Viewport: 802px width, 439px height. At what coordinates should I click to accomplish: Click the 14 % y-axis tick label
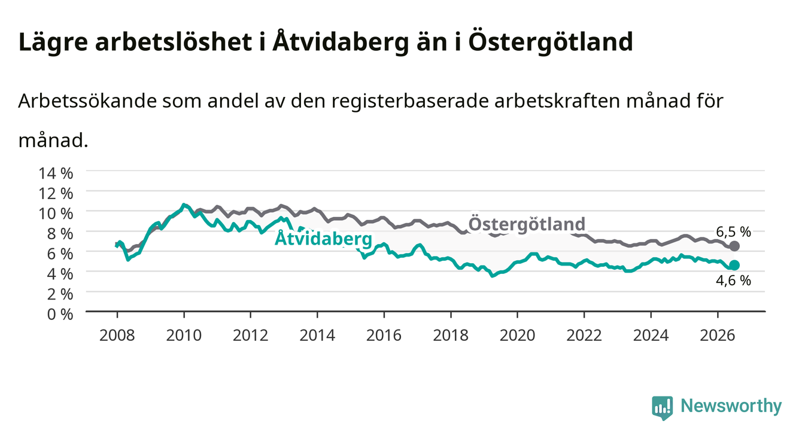[56, 173]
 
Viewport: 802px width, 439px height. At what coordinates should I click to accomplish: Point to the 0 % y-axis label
[60, 314]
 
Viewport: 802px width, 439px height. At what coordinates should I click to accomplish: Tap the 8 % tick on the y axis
[60, 234]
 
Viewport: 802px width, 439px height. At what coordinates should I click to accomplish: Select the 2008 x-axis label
[117, 336]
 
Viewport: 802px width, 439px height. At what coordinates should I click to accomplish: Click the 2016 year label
[384, 336]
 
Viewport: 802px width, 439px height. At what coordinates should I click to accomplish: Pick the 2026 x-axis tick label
[718, 336]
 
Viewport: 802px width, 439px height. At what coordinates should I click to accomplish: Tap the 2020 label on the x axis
[517, 336]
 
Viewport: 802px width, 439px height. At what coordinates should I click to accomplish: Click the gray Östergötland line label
[527, 224]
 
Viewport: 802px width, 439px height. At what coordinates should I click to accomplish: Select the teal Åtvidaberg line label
[324, 238]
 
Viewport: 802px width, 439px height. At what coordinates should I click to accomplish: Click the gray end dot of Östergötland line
[734, 246]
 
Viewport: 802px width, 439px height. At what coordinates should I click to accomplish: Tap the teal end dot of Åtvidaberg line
[734, 265]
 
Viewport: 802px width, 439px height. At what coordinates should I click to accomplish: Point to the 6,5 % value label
[733, 232]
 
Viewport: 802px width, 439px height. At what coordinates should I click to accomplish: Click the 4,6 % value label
[733, 281]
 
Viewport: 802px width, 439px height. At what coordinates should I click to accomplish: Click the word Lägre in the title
[53, 42]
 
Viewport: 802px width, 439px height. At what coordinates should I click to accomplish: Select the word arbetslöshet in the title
[174, 41]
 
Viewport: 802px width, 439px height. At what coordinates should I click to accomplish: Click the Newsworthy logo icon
[663, 407]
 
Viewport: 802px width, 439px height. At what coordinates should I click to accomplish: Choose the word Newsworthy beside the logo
[731, 406]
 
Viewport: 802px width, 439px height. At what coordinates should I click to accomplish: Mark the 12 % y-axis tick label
[56, 194]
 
